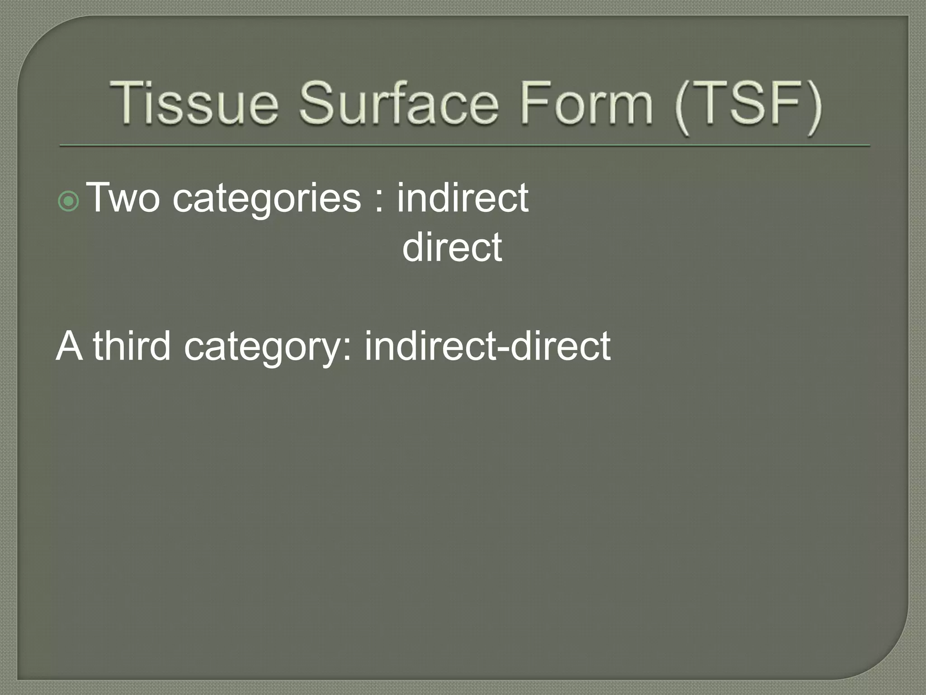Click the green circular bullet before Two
point(69,202)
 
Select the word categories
point(267,199)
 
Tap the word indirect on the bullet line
point(463,198)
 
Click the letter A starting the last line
point(70,346)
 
